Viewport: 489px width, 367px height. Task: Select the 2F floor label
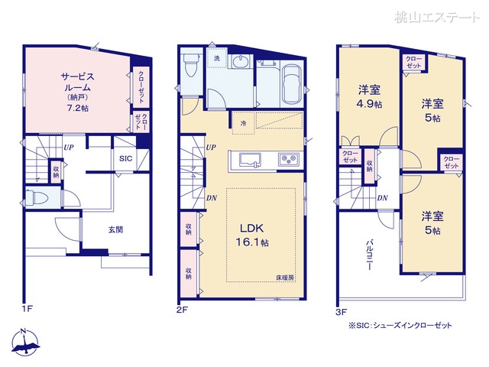182,310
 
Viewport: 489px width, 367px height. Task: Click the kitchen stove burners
287,160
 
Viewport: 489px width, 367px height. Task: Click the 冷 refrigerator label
243,123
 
